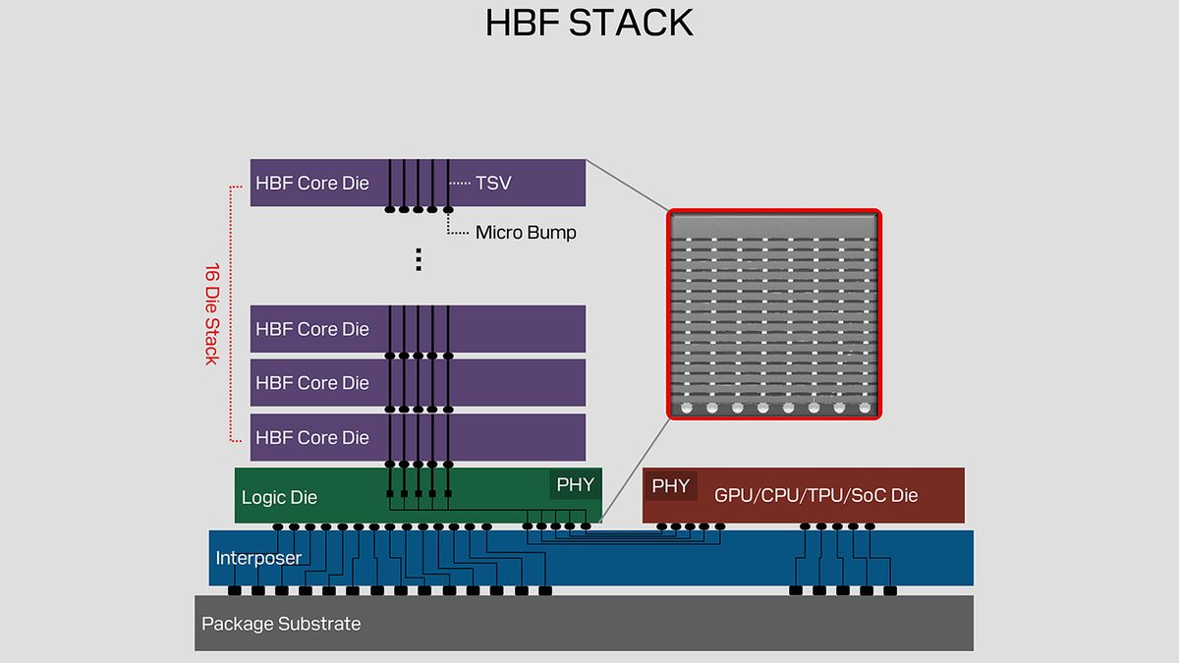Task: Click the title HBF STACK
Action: click(589, 23)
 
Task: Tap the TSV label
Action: click(493, 183)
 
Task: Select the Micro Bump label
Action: click(526, 233)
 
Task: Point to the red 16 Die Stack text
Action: click(211, 313)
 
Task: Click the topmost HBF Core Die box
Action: click(314, 183)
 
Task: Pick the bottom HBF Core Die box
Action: click(314, 437)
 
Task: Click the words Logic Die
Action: click(279, 497)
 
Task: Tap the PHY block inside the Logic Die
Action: click(575, 484)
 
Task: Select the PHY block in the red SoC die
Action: click(671, 485)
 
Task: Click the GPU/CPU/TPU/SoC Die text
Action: click(815, 495)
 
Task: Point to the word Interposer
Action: click(258, 558)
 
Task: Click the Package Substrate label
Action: click(281, 624)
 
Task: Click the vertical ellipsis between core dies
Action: click(419, 259)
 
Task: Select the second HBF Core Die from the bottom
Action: click(314, 383)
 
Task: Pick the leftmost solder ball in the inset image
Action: click(686, 407)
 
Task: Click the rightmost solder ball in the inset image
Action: click(864, 407)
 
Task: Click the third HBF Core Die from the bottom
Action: click(314, 329)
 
